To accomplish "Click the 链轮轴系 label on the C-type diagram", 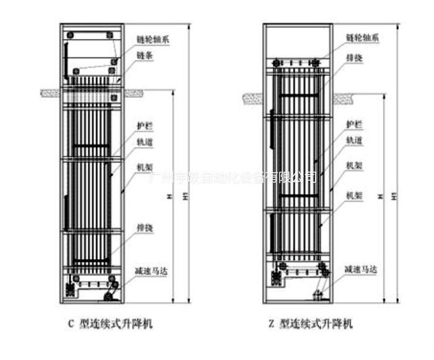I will click(153, 40).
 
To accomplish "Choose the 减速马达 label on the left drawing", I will click(152, 271).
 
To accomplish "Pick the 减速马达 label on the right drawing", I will click(362, 270).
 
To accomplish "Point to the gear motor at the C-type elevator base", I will click(110, 296).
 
